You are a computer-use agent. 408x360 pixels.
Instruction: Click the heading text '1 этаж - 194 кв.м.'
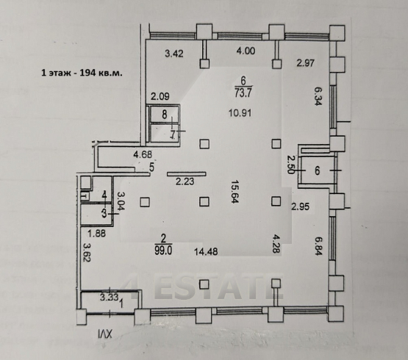(82, 73)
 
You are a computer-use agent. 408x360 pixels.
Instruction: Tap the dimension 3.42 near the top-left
(174, 54)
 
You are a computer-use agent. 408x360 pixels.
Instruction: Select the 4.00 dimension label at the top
(246, 51)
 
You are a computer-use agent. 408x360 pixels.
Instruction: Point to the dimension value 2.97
(306, 63)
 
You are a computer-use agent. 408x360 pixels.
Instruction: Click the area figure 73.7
(243, 93)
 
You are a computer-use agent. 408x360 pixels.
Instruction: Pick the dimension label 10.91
(240, 113)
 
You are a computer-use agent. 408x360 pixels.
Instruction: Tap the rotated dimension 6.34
(318, 96)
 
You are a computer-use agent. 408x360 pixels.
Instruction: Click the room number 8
(165, 115)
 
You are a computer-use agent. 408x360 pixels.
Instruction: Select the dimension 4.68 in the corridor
(143, 154)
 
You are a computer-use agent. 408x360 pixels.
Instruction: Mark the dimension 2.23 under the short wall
(185, 181)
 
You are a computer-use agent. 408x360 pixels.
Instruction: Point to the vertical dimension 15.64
(235, 192)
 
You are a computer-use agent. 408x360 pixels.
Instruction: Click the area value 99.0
(163, 251)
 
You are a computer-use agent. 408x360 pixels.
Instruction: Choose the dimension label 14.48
(206, 252)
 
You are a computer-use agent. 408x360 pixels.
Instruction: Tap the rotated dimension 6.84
(318, 246)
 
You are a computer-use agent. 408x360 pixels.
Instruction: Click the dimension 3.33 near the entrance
(110, 297)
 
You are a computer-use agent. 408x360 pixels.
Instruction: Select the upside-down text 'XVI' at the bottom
(105, 334)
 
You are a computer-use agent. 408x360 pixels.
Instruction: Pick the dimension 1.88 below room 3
(96, 234)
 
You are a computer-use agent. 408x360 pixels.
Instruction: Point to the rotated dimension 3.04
(121, 201)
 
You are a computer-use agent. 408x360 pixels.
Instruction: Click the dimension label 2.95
(300, 206)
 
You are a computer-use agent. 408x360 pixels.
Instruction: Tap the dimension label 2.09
(160, 96)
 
